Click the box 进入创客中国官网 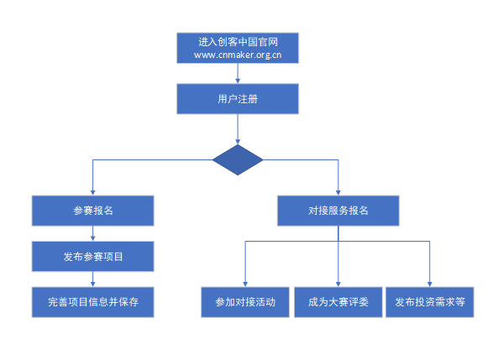point(238,41)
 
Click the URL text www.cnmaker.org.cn point(238,55)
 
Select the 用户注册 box point(238,99)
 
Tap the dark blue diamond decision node point(238,160)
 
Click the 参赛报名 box point(93,211)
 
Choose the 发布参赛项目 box point(93,256)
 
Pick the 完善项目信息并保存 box point(93,301)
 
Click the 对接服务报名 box point(338,211)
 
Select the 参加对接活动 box point(245,301)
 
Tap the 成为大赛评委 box point(338,301)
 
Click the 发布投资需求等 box point(430,301)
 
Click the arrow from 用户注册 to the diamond point(238,129)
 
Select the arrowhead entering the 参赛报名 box point(93,191)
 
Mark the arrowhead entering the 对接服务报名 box point(338,191)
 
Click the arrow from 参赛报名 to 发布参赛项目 point(93,233)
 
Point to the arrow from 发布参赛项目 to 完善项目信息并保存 point(93,279)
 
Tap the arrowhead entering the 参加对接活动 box point(245,283)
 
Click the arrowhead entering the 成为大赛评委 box point(338,283)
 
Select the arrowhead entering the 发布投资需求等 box point(430,283)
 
